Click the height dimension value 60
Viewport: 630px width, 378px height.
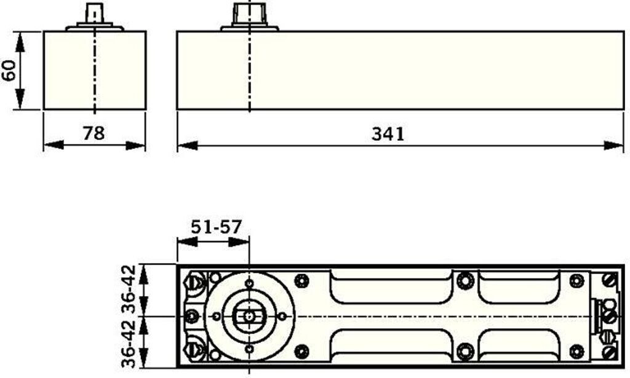[9, 71]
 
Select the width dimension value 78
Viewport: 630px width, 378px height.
[94, 133]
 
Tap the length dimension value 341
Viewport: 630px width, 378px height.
[388, 134]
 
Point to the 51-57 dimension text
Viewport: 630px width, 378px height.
[216, 227]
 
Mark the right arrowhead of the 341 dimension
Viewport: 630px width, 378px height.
[613, 145]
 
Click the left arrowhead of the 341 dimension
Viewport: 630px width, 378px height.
[187, 145]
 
